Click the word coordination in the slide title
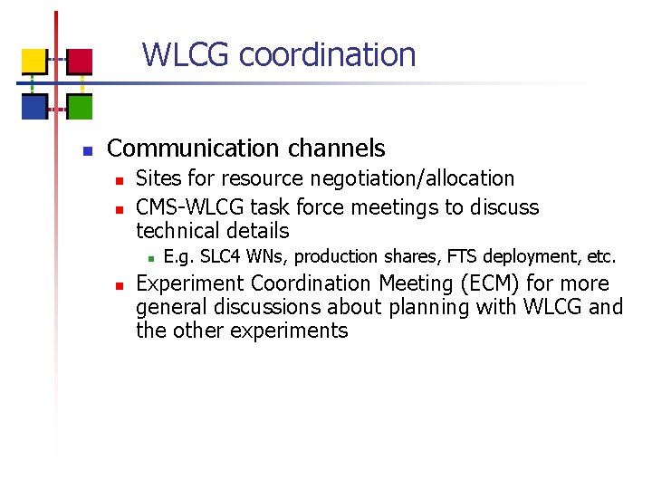(327, 55)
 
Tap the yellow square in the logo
(34, 61)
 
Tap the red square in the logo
(81, 61)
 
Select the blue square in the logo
(34, 107)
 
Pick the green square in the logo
(81, 107)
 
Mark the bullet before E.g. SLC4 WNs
(151, 258)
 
